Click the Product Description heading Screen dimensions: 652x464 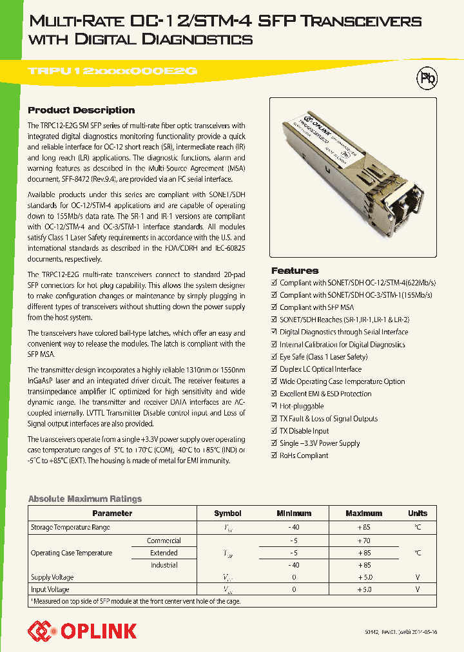(x=81, y=110)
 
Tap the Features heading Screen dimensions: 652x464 (x=295, y=271)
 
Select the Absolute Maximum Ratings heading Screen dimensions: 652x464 (x=85, y=499)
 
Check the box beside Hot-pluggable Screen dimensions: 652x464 (x=274, y=407)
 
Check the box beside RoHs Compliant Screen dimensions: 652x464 (x=274, y=455)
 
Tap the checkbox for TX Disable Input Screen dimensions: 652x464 (x=274, y=431)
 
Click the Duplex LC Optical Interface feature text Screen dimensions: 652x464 (x=320, y=369)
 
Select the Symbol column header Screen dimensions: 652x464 (x=227, y=513)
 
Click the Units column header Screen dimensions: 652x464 (x=417, y=513)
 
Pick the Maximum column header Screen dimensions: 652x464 (x=363, y=513)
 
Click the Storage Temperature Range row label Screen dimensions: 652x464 (x=70, y=528)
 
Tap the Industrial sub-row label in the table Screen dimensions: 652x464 (x=164, y=565)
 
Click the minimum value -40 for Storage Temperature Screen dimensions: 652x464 (x=293, y=528)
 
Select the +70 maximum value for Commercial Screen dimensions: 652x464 (x=363, y=541)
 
